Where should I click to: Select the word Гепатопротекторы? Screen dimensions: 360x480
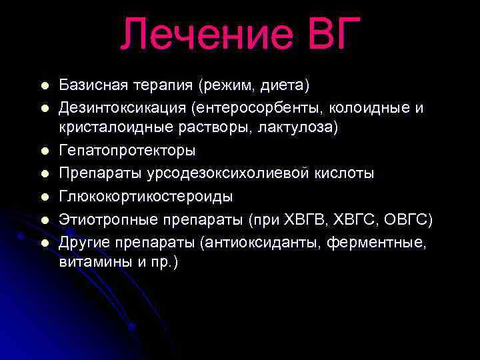click(x=127, y=151)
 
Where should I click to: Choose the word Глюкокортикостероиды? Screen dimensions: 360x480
click(x=146, y=196)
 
